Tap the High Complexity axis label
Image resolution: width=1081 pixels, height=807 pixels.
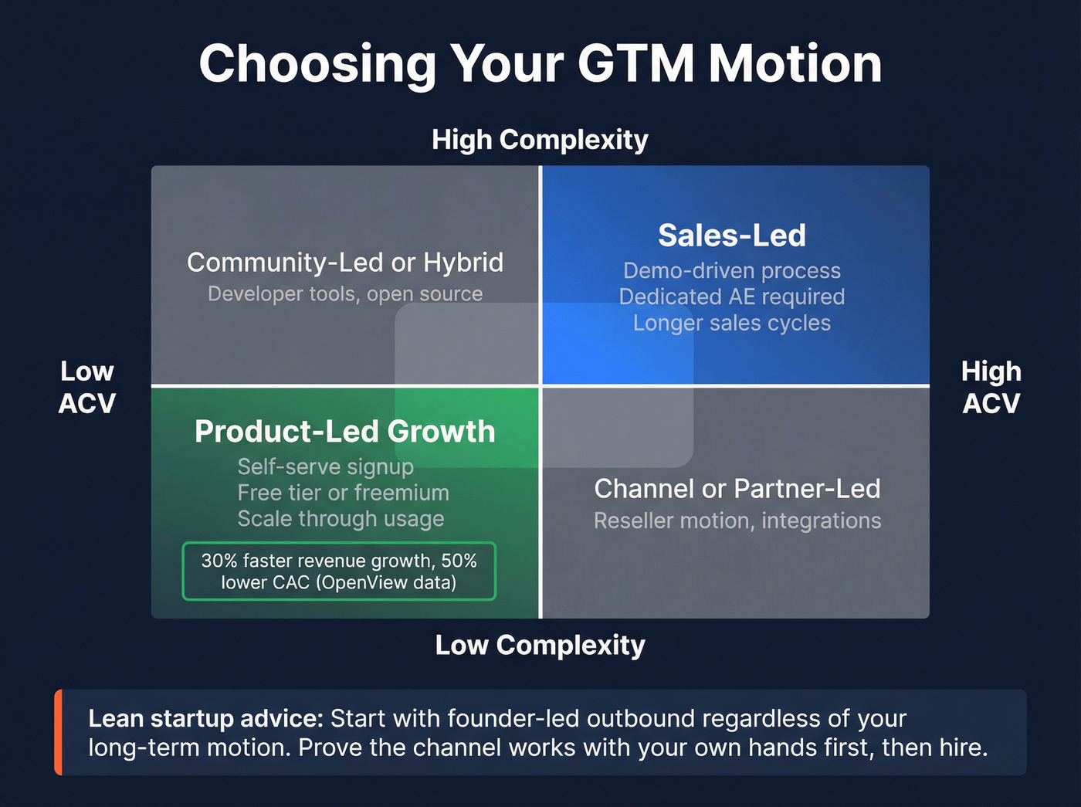(x=540, y=140)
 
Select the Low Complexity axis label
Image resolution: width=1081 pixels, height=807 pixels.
(x=540, y=645)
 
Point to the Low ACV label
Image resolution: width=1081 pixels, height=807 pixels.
(x=87, y=387)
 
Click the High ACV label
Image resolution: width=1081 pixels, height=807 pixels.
(x=991, y=387)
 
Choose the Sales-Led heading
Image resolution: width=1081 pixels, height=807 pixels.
(x=731, y=236)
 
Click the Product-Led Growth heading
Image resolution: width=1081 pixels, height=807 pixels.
(x=344, y=432)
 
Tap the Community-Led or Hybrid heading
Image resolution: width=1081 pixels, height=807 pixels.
(x=344, y=263)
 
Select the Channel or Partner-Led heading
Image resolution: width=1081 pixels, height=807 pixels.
(x=737, y=489)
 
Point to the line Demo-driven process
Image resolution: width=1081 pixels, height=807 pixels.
(x=731, y=271)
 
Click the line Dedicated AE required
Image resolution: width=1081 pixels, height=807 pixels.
(x=731, y=297)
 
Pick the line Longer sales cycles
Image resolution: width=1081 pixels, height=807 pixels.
(x=731, y=323)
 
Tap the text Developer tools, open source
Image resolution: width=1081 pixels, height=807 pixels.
(x=344, y=294)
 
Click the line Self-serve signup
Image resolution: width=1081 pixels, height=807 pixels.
(x=325, y=467)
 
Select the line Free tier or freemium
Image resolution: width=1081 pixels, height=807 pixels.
(x=343, y=493)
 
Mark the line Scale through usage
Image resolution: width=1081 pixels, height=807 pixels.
(x=341, y=519)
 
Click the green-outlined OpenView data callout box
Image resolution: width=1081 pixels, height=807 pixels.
(x=339, y=571)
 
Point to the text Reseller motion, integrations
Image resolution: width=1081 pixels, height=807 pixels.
(x=737, y=521)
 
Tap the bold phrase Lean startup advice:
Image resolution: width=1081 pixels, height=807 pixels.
(x=205, y=719)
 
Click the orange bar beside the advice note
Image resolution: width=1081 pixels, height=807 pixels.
(x=58, y=732)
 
